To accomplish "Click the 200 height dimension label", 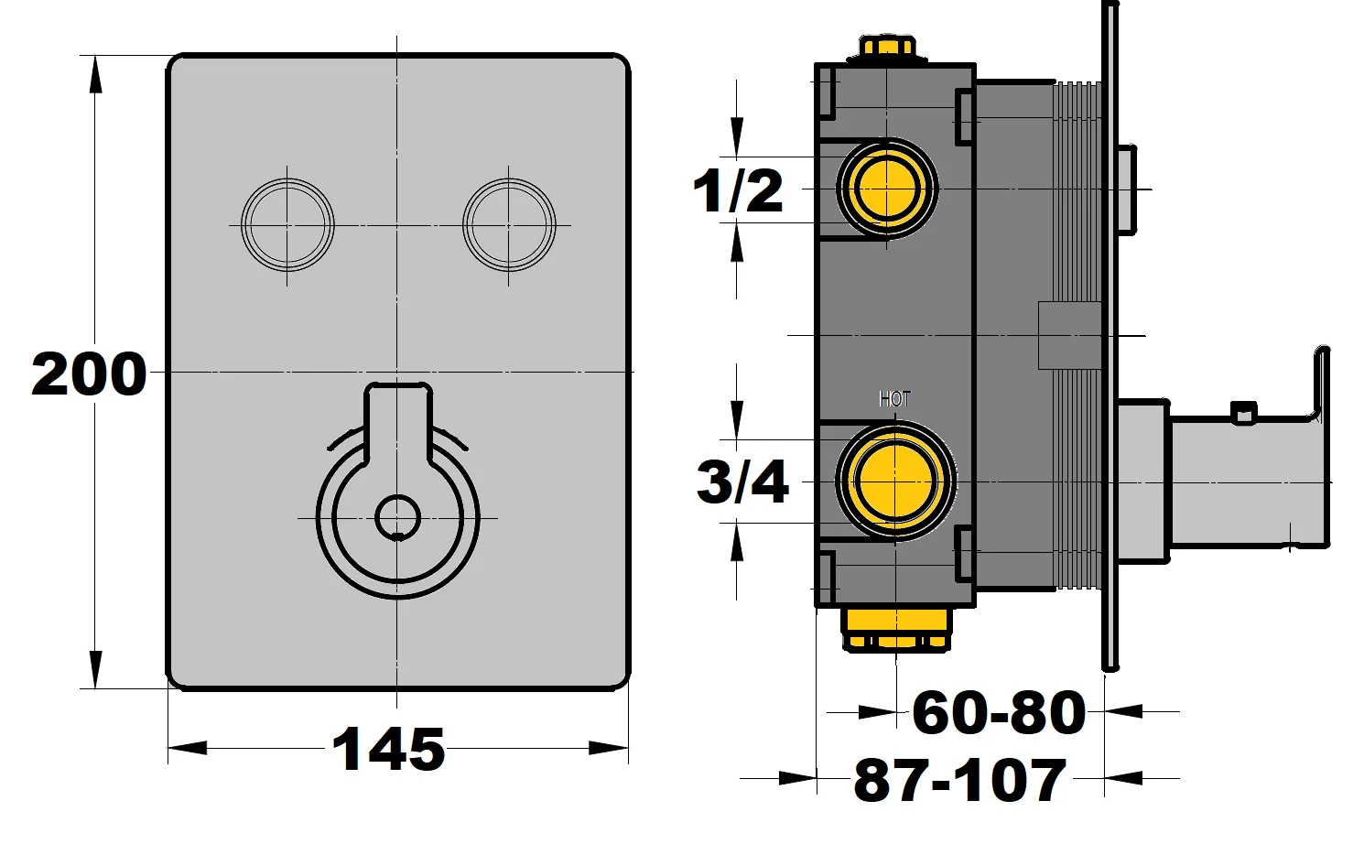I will pos(89,374).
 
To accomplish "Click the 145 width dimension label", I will pos(388,750).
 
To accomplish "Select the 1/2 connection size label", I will pos(738,191).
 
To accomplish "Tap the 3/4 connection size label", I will pos(742,482).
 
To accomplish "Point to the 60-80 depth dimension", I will pos(999,712).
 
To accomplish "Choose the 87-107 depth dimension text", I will pos(959,780).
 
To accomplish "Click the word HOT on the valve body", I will pos(894,399).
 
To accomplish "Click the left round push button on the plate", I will pos(287,224).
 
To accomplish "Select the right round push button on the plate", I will pos(508,224).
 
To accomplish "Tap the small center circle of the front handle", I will pos(397,518).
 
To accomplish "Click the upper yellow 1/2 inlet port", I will pos(887,189).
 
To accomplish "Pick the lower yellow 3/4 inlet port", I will pos(893,482).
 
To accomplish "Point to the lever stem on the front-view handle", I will pos(397,421).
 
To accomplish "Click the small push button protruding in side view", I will pos(1127,189).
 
